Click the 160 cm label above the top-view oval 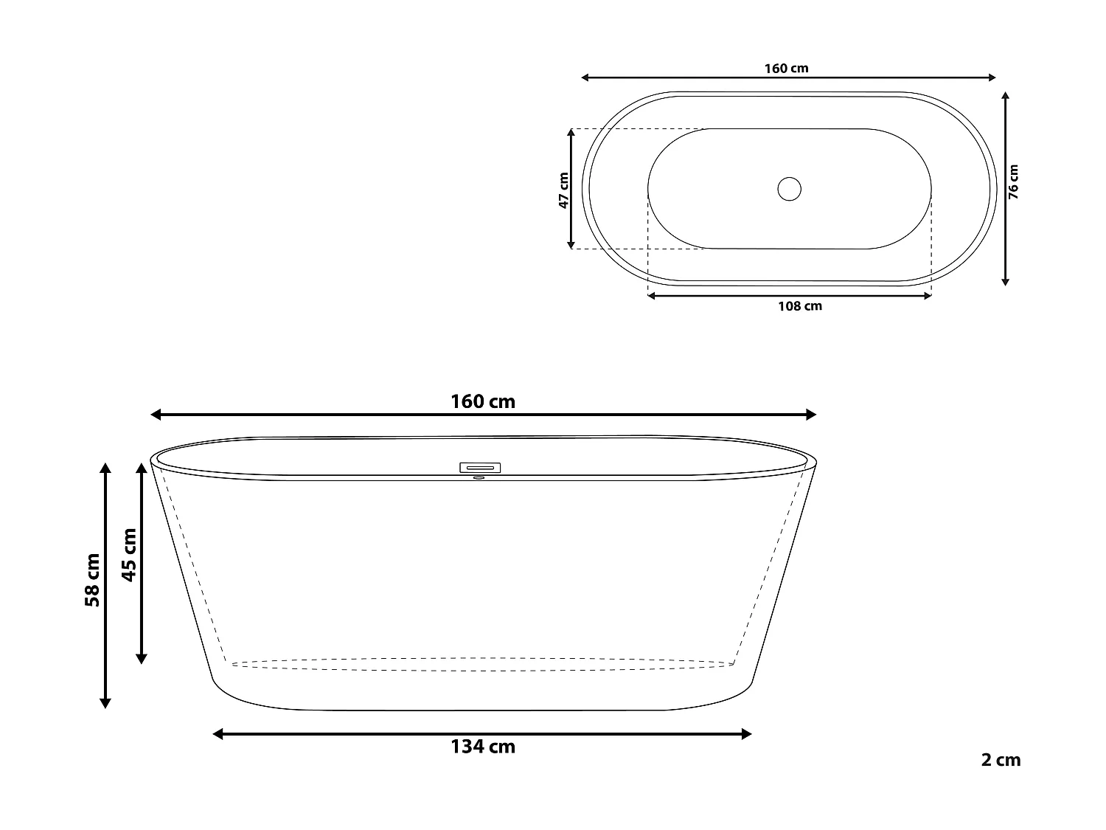(x=786, y=69)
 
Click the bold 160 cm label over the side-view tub (x=483, y=401)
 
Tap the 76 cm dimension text (x=1014, y=181)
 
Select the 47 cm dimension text (x=563, y=190)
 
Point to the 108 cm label (x=800, y=305)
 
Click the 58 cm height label (x=92, y=580)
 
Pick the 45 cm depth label (x=129, y=555)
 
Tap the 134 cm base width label (x=483, y=747)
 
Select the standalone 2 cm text (x=1001, y=760)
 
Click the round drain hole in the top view (x=789, y=189)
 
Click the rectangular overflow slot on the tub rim (x=480, y=467)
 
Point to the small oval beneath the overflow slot (x=479, y=477)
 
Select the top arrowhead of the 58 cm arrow (x=105, y=468)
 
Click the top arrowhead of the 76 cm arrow (x=1005, y=97)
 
